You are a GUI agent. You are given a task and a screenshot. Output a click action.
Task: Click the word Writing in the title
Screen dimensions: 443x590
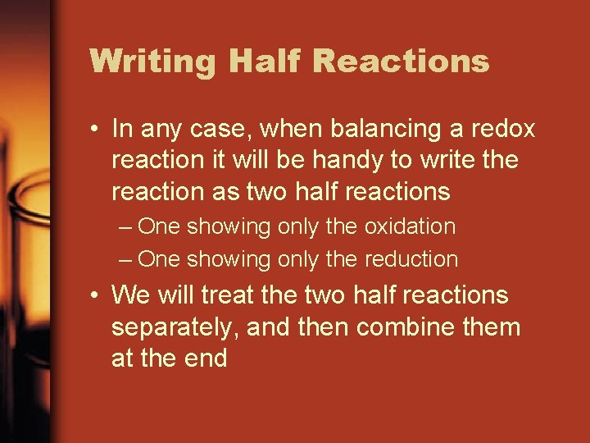tap(152, 62)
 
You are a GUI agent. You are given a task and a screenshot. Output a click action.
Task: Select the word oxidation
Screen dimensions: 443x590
tap(408, 226)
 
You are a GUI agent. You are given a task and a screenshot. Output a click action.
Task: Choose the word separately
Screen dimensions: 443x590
tap(174, 327)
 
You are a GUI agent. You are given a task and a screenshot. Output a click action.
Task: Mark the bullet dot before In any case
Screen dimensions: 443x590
tap(97, 130)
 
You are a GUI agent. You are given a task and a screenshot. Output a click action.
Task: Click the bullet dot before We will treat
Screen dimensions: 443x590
tap(97, 295)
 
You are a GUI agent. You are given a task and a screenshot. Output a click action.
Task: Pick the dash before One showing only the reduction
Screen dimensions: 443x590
tap(125, 260)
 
